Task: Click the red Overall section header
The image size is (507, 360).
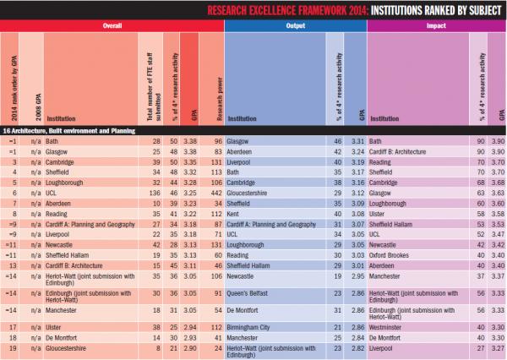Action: tap(112, 25)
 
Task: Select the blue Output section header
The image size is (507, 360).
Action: tap(295, 25)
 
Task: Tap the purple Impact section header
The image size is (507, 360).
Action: tap(437, 25)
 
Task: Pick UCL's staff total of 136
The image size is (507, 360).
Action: tap(150, 194)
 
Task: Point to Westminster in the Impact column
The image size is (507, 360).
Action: tap(390, 326)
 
